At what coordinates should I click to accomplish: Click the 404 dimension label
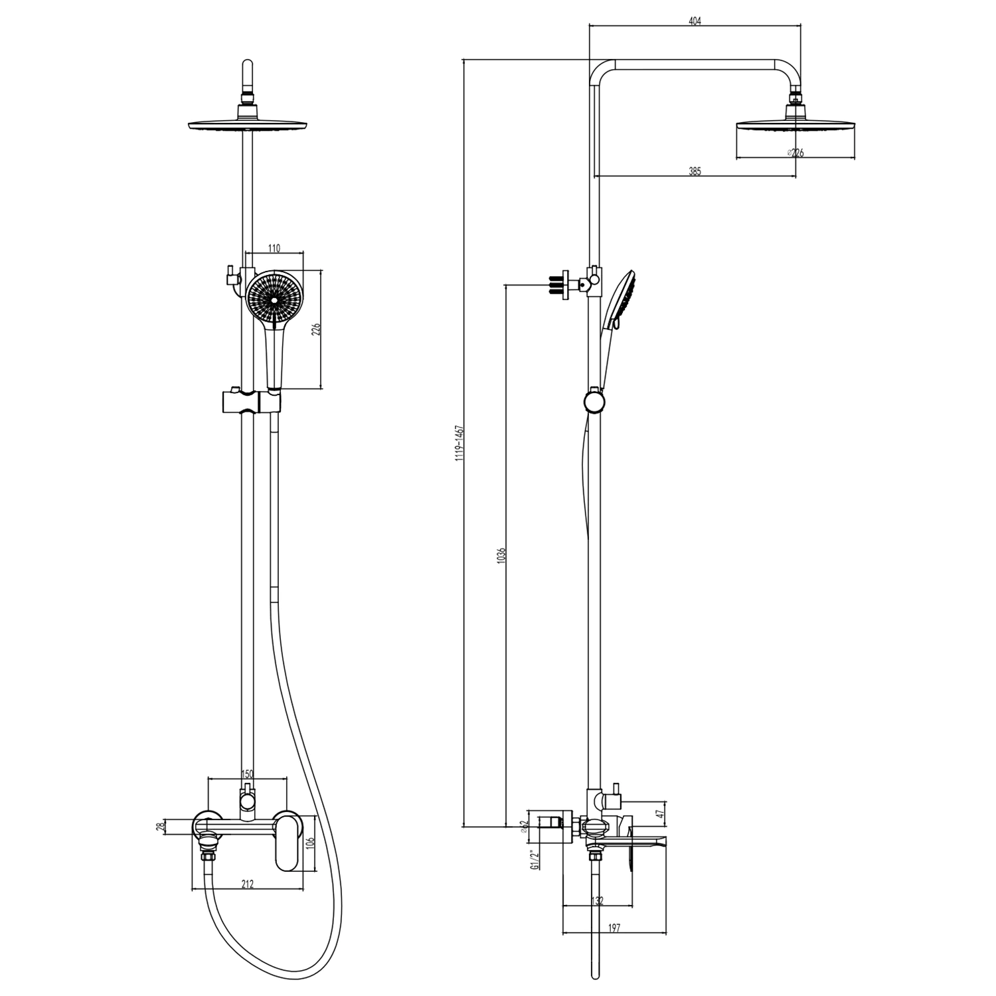(695, 21)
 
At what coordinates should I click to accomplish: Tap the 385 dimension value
(695, 171)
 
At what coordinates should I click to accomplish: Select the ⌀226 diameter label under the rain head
(795, 153)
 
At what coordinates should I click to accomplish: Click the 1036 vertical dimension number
(501, 556)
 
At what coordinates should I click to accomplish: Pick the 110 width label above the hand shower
(274, 248)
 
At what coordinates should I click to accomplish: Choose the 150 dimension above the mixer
(247, 774)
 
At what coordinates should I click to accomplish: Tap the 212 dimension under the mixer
(247, 884)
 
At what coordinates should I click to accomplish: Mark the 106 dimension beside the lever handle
(309, 844)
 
